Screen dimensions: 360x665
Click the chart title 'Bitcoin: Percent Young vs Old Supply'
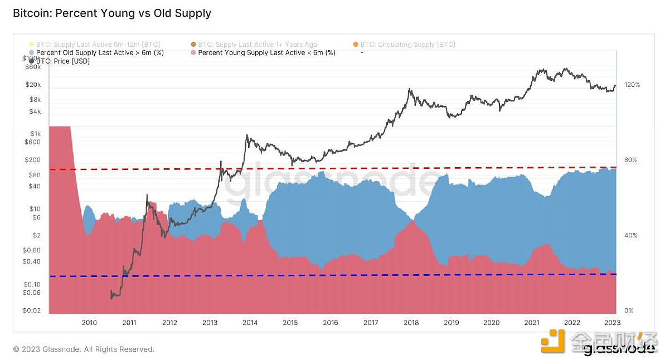(x=112, y=13)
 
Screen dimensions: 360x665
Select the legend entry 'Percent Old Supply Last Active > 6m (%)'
(x=100, y=53)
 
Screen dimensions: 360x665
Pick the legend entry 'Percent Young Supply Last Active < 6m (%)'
(x=266, y=53)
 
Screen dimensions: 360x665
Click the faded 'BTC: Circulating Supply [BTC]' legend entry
(x=407, y=44)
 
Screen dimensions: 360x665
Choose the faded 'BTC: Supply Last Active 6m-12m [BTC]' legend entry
(x=96, y=44)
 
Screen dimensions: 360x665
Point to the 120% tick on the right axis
(x=632, y=85)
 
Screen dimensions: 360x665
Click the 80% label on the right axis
(x=630, y=160)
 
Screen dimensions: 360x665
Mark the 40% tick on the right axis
(x=630, y=235)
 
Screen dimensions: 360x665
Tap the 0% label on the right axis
(x=628, y=310)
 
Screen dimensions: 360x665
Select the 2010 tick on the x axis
(x=89, y=323)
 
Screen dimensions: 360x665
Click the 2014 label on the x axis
(x=250, y=323)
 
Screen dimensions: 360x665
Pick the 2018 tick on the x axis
(x=411, y=323)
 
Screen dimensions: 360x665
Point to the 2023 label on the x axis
(x=612, y=323)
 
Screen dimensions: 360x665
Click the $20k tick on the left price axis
(x=33, y=85)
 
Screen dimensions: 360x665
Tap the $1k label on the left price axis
(x=36, y=134)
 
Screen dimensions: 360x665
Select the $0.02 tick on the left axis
(x=32, y=310)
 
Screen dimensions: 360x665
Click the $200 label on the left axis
(x=33, y=160)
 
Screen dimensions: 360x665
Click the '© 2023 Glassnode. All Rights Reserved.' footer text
(x=84, y=349)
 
